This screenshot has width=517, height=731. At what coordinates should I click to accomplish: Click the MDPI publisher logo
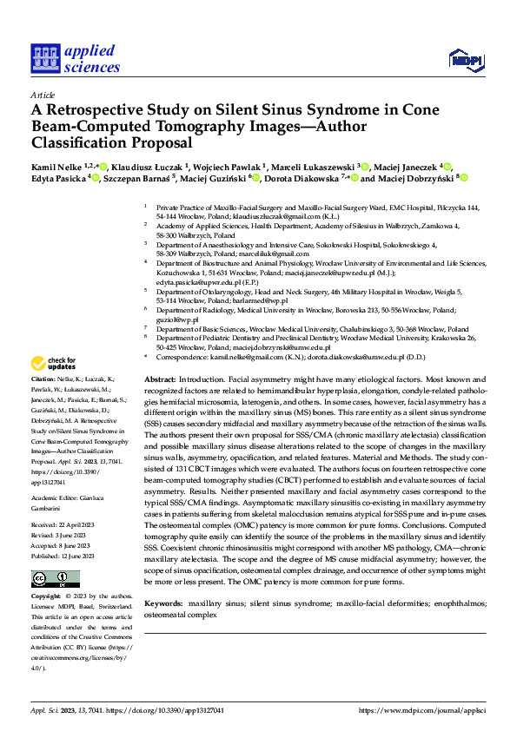click(461, 59)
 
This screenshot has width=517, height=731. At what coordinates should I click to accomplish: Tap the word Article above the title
click(43, 95)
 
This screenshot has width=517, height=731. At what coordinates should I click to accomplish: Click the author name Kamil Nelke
click(56, 167)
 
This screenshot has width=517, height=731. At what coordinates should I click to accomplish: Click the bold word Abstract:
click(160, 381)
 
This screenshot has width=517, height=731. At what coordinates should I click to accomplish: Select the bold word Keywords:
click(163, 603)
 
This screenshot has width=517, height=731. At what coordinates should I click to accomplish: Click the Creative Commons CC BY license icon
click(44, 579)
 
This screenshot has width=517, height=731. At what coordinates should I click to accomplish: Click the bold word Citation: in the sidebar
click(43, 380)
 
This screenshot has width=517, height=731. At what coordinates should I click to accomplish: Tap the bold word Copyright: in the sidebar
click(47, 597)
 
